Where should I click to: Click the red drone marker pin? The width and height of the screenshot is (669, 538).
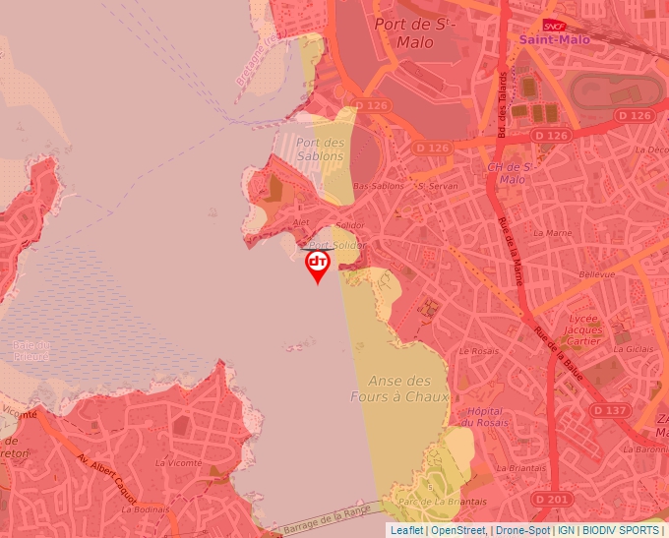point(317,265)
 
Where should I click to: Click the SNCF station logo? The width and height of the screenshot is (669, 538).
point(554,25)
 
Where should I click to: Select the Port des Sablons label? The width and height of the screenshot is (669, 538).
point(321,149)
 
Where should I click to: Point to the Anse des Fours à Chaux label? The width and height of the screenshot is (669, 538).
point(399,389)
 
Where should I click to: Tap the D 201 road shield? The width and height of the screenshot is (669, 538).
point(556,500)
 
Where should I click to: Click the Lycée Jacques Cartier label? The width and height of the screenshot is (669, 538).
point(583,330)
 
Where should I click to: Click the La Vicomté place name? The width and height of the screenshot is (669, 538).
point(178,461)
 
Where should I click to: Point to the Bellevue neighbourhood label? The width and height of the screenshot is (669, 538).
point(597,275)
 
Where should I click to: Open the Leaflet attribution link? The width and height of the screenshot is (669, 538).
point(406,530)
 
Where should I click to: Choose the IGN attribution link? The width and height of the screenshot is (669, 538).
point(567,530)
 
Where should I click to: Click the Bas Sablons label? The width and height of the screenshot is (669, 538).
point(378,186)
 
